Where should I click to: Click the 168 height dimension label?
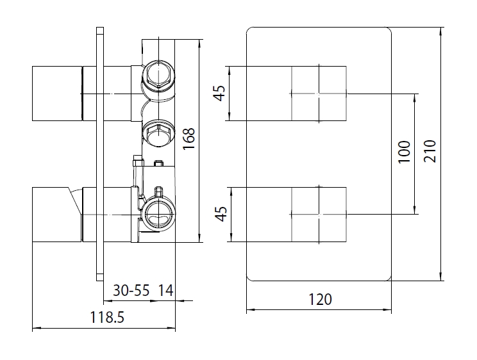click(188, 138)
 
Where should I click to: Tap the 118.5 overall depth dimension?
click(107, 318)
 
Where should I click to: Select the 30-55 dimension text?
click(131, 290)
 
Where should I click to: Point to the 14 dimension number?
click(166, 290)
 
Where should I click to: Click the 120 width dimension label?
click(320, 300)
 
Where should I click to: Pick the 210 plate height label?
click(430, 151)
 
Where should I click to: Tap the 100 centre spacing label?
click(405, 152)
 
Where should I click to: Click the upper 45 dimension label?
click(219, 93)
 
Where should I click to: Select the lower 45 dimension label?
click(221, 214)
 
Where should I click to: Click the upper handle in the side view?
click(57, 94)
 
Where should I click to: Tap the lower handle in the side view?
click(57, 215)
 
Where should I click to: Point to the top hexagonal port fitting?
click(158, 74)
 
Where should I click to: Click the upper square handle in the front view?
click(319, 94)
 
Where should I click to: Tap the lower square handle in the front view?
click(319, 215)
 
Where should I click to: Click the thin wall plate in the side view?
click(100, 154)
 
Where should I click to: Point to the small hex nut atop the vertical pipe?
click(138, 161)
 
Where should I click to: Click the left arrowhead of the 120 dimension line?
click(250, 310)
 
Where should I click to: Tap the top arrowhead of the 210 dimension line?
click(441, 31)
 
